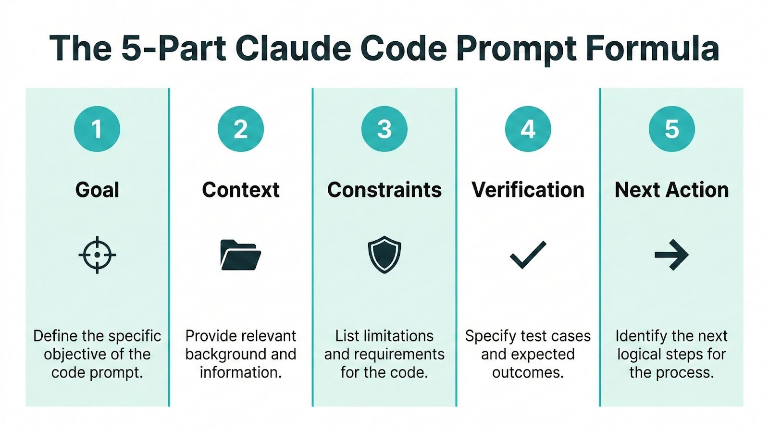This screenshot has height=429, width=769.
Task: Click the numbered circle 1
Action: (x=97, y=129)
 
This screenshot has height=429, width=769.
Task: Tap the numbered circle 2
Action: (x=241, y=129)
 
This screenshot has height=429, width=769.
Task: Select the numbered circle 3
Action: (x=384, y=129)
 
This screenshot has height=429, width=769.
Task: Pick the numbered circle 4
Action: (x=528, y=129)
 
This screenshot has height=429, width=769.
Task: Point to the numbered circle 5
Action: (x=672, y=129)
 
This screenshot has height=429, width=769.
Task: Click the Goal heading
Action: (x=97, y=190)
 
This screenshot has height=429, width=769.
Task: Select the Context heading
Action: (x=241, y=190)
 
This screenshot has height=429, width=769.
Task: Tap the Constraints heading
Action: (x=384, y=190)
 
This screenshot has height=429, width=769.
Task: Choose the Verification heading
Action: (x=528, y=190)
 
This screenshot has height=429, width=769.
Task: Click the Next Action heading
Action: (x=672, y=190)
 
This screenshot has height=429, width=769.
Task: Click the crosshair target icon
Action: (x=97, y=255)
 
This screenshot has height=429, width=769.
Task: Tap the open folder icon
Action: (x=240, y=255)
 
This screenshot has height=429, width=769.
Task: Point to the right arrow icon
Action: (x=672, y=255)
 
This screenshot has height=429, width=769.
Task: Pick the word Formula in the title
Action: (x=653, y=48)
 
